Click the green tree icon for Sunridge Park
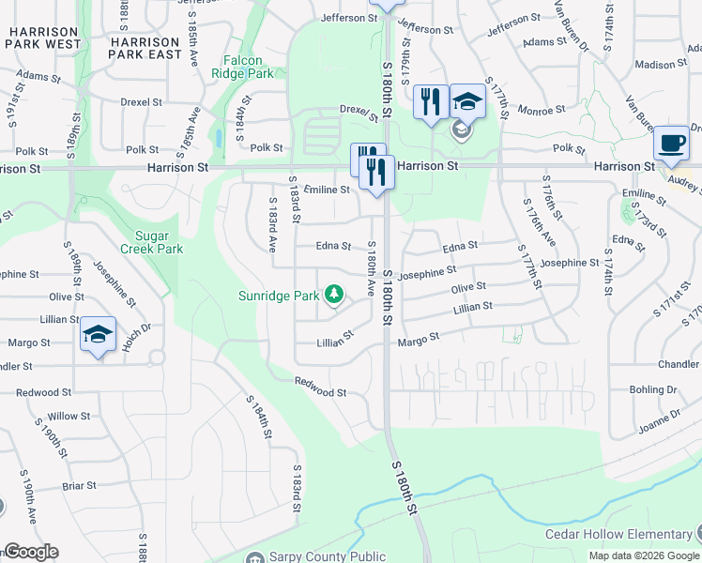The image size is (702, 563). coord(333,297)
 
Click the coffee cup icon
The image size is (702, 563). coord(671,143)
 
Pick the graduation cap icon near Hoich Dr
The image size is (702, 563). coord(98,335)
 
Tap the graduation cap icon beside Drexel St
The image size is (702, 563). coord(467,101)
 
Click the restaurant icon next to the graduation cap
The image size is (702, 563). coord(431,102)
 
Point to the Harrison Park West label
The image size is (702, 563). coord(44,38)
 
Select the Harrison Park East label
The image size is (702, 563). coord(145,48)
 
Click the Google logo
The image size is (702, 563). coord(30,552)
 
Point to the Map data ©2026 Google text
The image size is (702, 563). coord(643,555)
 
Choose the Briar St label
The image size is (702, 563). coord(79,485)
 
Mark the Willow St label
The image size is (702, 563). coord(69,416)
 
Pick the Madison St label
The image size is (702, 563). coord(655,65)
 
